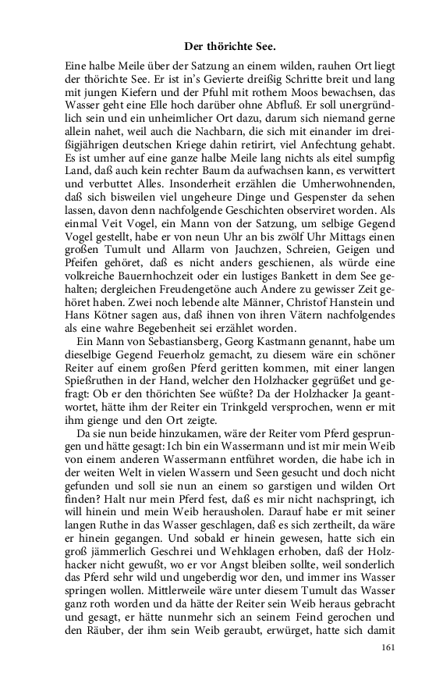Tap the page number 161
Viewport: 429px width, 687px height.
389,647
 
